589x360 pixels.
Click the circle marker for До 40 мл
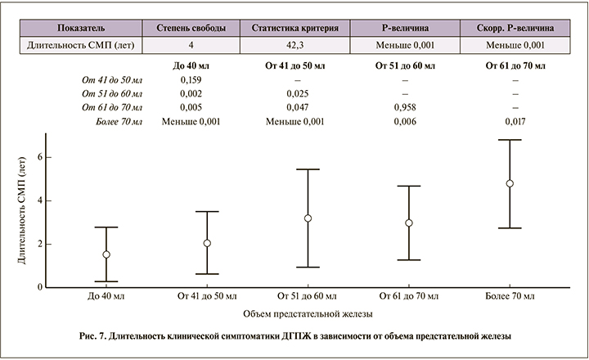click(106, 254)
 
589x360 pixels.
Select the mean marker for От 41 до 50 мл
click(207, 243)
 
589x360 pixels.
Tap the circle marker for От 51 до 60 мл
click(308, 218)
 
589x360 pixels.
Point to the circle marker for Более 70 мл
click(510, 183)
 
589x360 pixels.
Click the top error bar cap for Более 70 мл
click(510, 140)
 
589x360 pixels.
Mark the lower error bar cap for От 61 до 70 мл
click(409, 260)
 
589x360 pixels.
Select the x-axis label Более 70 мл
click(510, 295)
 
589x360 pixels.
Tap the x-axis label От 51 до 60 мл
click(308, 295)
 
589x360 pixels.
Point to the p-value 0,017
click(516, 121)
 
